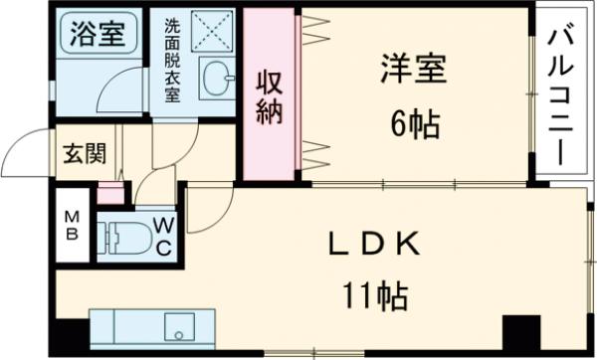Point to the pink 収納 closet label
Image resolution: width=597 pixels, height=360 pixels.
point(270,95)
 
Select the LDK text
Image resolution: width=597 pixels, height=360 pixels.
point(369,245)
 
